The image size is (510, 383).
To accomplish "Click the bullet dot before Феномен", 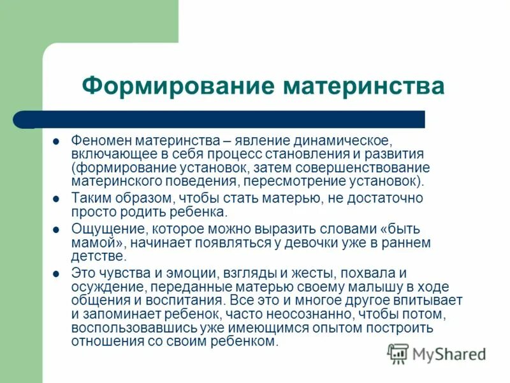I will coord(56,141).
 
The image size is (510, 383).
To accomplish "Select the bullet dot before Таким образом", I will coord(56,199).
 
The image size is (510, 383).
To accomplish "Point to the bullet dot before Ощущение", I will coord(56,229).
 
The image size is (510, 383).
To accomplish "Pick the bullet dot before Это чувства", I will coord(56,273).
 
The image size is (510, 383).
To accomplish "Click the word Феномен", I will coord(98,141).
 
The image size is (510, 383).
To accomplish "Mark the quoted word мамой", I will coord(95,243).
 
